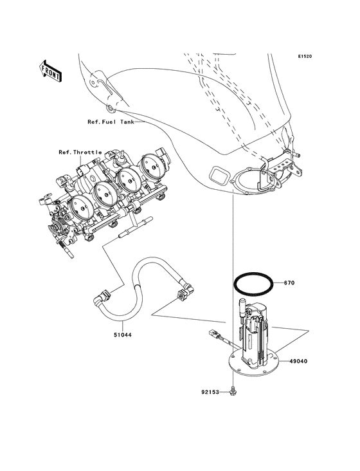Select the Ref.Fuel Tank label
(111, 122)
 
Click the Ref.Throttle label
(80, 152)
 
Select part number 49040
(297, 362)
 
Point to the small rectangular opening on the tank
(218, 174)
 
